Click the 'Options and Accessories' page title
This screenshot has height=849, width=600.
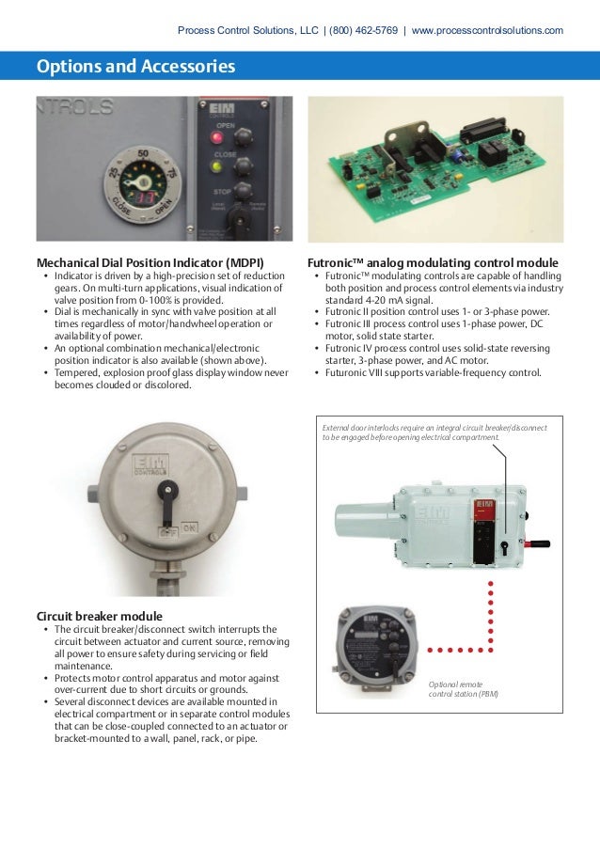point(135,67)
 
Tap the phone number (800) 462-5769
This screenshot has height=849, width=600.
point(363,30)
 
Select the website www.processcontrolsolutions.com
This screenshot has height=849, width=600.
point(487,30)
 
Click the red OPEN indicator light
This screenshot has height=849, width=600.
point(217,137)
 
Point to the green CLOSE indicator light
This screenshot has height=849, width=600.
point(217,168)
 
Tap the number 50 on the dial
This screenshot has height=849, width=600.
point(142,152)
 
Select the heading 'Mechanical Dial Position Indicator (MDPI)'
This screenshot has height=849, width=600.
point(150,261)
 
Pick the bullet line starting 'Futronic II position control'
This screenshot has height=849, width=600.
point(437,311)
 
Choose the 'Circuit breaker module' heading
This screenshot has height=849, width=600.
point(99,616)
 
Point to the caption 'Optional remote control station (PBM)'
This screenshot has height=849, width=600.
point(463,688)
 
